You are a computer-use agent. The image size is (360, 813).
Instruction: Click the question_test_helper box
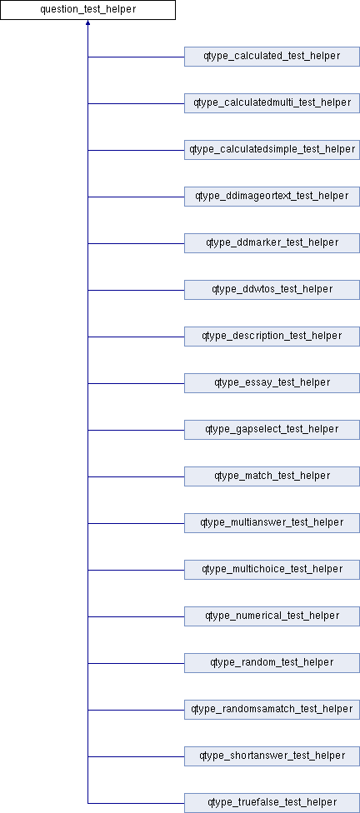pyautogui.click(x=87, y=10)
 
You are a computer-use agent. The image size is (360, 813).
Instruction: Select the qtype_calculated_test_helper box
pyautogui.click(x=272, y=57)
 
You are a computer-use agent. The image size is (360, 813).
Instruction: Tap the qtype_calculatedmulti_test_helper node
pyautogui.click(x=272, y=103)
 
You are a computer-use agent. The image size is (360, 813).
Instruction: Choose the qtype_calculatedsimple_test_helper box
pyautogui.click(x=272, y=150)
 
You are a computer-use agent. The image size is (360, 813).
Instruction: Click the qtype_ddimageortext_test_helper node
pyautogui.click(x=272, y=197)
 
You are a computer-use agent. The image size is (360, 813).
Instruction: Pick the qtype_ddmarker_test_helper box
pyautogui.click(x=272, y=243)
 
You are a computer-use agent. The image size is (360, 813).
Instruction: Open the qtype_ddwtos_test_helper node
pyautogui.click(x=272, y=290)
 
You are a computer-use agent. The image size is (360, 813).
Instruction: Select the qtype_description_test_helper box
pyautogui.click(x=272, y=337)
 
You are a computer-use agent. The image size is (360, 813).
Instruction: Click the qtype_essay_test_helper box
pyautogui.click(x=272, y=383)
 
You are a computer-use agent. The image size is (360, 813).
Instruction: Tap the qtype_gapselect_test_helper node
pyautogui.click(x=272, y=430)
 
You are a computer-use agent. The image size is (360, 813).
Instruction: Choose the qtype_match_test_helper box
pyautogui.click(x=272, y=476)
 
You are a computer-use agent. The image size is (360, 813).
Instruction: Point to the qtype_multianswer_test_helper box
pyautogui.click(x=272, y=523)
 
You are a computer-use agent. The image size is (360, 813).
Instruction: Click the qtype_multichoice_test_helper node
pyautogui.click(x=272, y=570)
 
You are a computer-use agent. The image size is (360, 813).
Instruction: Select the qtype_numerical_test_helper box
pyautogui.click(x=272, y=616)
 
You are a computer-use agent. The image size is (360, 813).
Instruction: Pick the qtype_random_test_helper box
pyautogui.click(x=272, y=663)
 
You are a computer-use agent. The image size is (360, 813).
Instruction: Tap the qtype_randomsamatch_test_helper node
pyautogui.click(x=272, y=710)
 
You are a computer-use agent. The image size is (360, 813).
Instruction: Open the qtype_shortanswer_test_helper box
pyautogui.click(x=272, y=756)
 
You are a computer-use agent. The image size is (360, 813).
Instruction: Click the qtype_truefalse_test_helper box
pyautogui.click(x=272, y=803)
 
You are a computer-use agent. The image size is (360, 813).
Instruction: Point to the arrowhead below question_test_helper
pyautogui.click(x=87, y=23)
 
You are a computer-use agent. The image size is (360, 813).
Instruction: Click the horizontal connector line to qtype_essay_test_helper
pyautogui.click(x=136, y=383)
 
